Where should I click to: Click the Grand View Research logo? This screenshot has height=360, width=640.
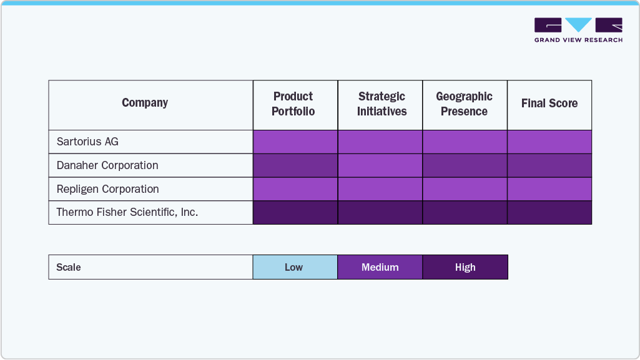click(578, 30)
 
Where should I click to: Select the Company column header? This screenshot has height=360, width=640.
click(145, 104)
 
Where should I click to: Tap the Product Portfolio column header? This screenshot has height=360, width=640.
click(293, 104)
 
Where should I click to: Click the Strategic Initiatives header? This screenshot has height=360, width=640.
click(382, 104)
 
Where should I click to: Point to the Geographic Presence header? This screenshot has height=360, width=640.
click(464, 104)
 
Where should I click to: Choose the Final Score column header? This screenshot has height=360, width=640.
click(549, 104)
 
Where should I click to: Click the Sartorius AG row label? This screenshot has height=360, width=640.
click(87, 142)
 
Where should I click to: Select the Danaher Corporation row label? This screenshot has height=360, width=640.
click(107, 165)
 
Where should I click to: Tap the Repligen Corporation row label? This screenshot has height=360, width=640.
click(107, 189)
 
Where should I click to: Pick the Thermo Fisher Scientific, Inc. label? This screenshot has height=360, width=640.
click(127, 212)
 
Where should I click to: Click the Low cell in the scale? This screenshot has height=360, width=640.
click(293, 267)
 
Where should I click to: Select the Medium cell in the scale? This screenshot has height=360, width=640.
click(380, 267)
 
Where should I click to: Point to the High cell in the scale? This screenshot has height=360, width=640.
click(465, 267)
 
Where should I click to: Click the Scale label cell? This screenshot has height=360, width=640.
click(69, 267)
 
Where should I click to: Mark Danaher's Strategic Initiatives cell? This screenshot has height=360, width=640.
click(380, 165)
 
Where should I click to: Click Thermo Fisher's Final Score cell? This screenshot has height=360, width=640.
click(549, 212)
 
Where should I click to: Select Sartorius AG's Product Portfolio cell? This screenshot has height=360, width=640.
click(295, 142)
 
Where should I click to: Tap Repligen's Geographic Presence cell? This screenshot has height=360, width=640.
click(465, 189)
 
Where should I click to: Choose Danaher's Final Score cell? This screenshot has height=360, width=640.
click(549, 165)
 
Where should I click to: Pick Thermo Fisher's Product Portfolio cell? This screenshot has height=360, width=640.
click(295, 212)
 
